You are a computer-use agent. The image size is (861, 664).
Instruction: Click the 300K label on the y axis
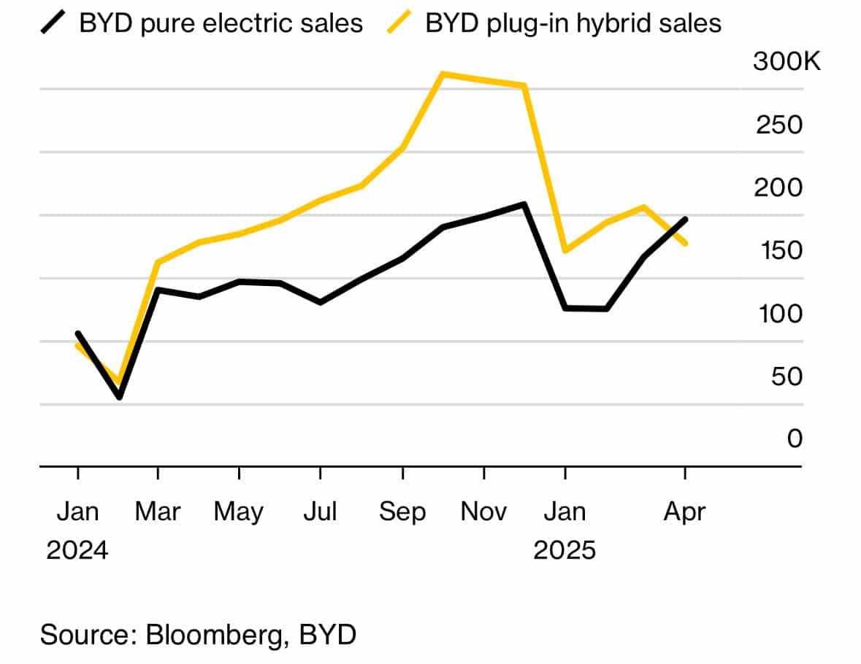(787, 63)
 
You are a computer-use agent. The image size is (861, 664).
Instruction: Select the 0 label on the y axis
(795, 439)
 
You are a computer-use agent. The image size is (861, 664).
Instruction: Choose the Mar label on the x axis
(158, 512)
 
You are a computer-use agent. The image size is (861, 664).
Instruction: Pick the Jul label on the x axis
(320, 512)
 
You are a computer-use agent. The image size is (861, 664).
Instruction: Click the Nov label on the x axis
(483, 512)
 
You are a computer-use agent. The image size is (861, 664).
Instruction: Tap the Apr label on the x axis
(684, 512)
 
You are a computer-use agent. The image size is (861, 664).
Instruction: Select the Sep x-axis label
(402, 512)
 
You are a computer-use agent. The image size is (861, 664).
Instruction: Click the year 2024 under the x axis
(77, 550)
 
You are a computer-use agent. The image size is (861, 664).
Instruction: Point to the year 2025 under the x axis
(565, 550)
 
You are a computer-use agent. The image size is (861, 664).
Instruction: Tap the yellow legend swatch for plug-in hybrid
(401, 23)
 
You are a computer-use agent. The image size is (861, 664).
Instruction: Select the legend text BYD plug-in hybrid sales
(573, 23)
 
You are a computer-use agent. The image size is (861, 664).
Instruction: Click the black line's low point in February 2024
(119, 397)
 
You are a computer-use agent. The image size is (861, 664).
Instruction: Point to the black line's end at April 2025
(684, 219)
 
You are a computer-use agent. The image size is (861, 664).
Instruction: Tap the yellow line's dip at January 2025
(565, 251)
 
